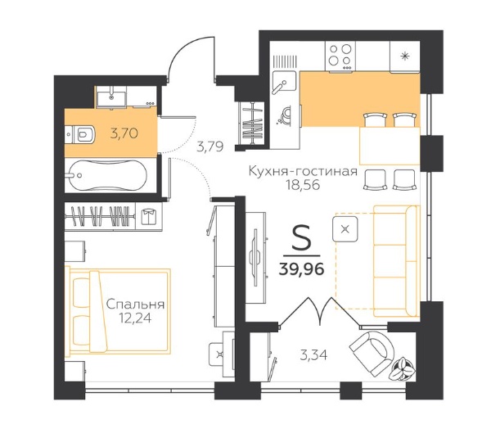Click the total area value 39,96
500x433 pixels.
[301, 269]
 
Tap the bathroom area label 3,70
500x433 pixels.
[124, 133]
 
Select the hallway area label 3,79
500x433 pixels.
[209, 147]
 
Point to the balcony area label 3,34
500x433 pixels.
[313, 354]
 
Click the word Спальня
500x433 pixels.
[135, 304]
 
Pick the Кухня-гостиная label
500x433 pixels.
[303, 172]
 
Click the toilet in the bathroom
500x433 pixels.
[80, 135]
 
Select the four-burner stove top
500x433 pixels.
[340, 56]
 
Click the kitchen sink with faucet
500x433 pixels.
[284, 81]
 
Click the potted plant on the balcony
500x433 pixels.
[403, 369]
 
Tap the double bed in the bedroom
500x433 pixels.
[118, 311]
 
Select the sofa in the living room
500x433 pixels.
[396, 261]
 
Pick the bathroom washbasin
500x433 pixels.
[111, 97]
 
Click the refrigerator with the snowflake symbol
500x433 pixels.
[404, 56]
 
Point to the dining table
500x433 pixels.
[390, 146]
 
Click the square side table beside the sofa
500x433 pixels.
[345, 229]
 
